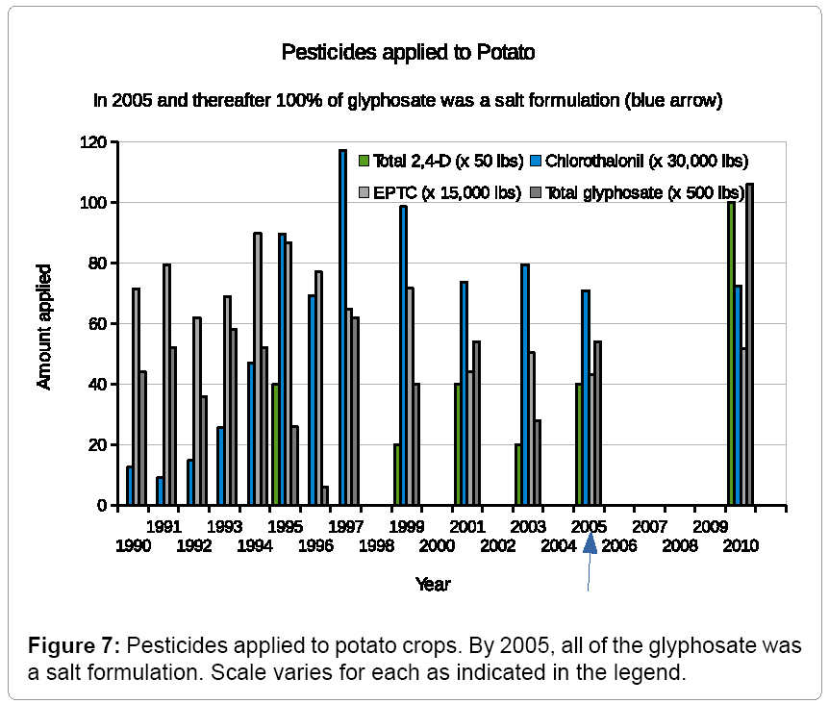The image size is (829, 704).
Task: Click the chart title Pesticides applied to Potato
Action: pyautogui.click(x=407, y=53)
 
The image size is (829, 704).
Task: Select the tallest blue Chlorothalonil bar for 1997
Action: pyautogui.click(x=342, y=327)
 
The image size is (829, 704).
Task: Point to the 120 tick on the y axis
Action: pyautogui.click(x=93, y=142)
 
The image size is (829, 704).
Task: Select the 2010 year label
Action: pyautogui.click(x=741, y=545)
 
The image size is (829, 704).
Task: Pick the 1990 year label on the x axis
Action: pyautogui.click(x=133, y=545)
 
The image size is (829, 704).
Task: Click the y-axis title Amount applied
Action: pyautogui.click(x=44, y=326)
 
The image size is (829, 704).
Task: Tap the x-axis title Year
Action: pyautogui.click(x=433, y=584)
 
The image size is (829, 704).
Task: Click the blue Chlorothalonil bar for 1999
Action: pyautogui.click(x=403, y=355)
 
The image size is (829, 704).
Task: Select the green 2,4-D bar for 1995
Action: pyautogui.click(x=275, y=444)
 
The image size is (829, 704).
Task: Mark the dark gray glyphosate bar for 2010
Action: pyautogui.click(x=750, y=343)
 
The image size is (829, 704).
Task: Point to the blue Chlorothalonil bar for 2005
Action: pyautogui.click(x=585, y=397)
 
